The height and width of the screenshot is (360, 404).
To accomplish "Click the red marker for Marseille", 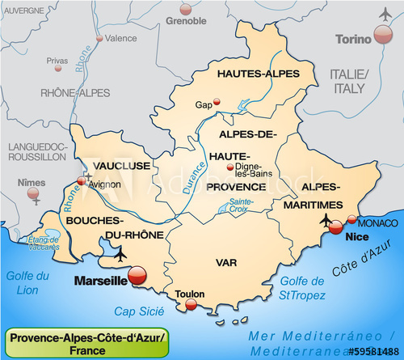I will point(137,277).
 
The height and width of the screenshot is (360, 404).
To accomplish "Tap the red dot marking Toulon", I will point(191,304).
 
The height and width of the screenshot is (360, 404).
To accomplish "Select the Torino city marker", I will point(383,35).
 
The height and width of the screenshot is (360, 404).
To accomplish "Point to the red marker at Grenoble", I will point(187,10).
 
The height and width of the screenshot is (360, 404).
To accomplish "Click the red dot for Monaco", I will point(351,219).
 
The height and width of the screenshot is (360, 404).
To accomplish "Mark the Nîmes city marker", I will point(33,193).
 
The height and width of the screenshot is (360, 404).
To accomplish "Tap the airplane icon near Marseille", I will point(121,256).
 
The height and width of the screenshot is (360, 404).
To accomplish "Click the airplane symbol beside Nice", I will point(326,220).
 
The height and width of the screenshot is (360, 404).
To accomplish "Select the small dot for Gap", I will point(217,104).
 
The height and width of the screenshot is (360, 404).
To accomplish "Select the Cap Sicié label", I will point(139,311).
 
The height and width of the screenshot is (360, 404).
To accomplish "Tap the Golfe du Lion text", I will point(28,283).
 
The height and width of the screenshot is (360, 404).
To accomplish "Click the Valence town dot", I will point(99,37).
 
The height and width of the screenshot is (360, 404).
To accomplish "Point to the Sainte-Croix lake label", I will point(241,205).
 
